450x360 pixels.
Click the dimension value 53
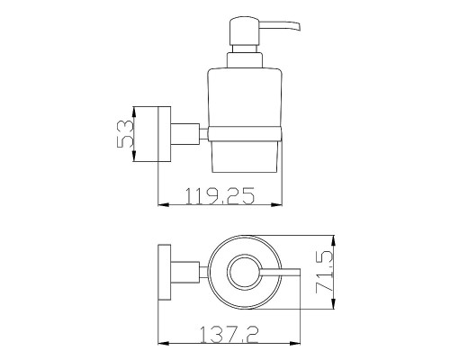pos(125,134)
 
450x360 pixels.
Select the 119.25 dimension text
pos(220,196)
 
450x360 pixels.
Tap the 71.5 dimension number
pos(324,272)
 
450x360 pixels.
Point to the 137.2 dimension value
pos(229,335)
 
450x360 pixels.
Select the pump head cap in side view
pos(244,31)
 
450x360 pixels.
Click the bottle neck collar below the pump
pos(245,60)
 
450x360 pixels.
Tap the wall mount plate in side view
pos(165,134)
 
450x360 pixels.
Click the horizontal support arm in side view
pos(185,134)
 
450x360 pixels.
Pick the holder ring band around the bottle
pos(245,134)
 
